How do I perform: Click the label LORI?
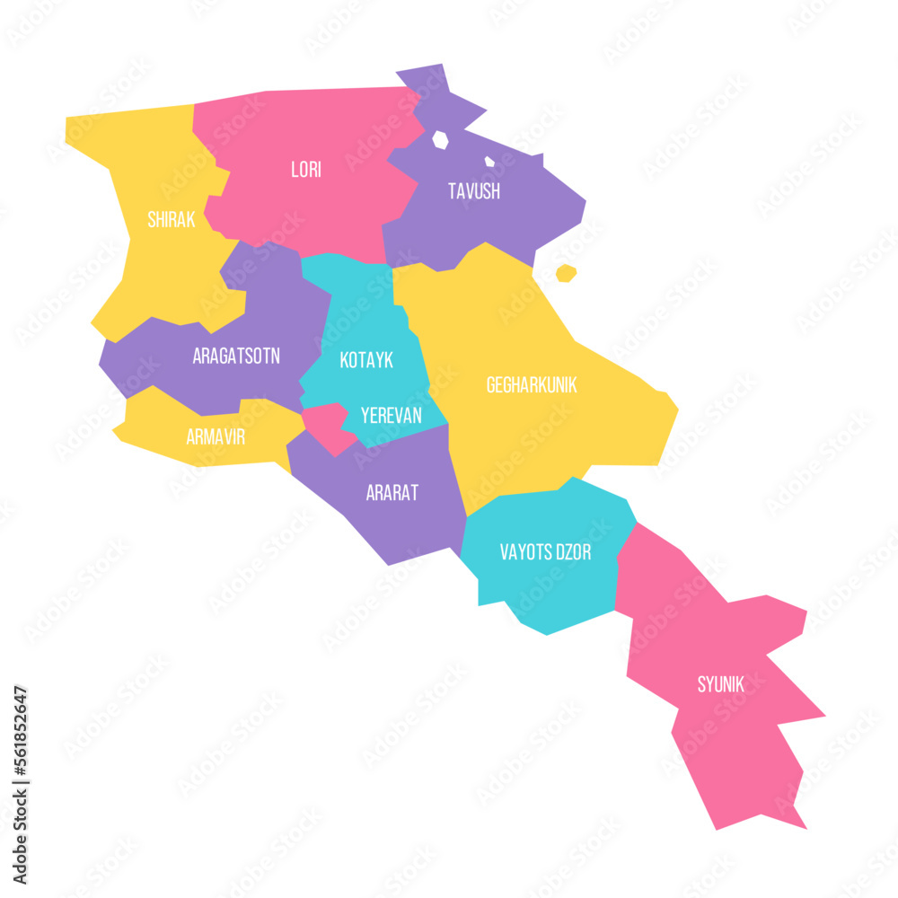coord(306,170)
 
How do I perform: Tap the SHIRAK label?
coord(171,220)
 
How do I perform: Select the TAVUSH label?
coord(474,191)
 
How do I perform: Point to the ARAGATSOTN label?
coord(236,357)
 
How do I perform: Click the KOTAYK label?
coord(366,361)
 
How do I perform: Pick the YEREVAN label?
coord(391,416)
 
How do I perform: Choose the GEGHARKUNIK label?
coord(532,385)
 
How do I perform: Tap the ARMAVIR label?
coord(216,437)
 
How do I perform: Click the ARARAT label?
coord(392,493)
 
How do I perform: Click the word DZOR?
coord(576,553)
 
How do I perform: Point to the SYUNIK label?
coord(721,685)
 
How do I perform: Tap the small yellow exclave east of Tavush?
coord(566,273)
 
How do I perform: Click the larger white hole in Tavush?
coord(440,140)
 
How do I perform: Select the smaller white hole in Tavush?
coord(489,163)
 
